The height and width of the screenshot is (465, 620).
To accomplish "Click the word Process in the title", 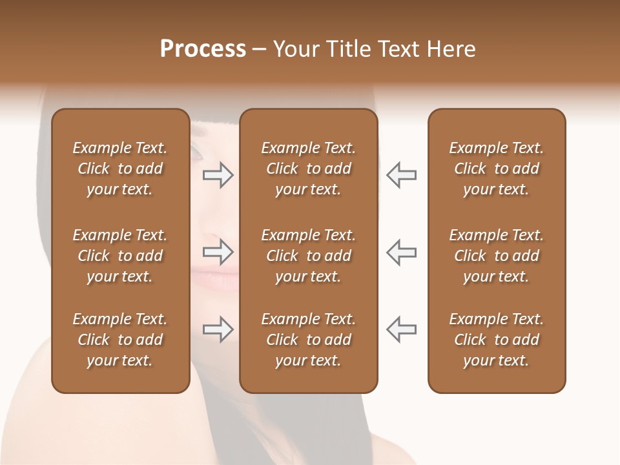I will pyautogui.click(x=203, y=49).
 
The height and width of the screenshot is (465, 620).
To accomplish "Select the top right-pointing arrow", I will pyautogui.click(x=218, y=175).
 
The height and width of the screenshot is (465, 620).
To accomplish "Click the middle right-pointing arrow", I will pyautogui.click(x=218, y=252).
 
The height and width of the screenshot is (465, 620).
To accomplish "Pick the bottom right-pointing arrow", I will pyautogui.click(x=218, y=329).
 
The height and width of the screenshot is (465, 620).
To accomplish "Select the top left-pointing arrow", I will pyautogui.click(x=401, y=175).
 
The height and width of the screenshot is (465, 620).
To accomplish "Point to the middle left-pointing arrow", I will pyautogui.click(x=401, y=252).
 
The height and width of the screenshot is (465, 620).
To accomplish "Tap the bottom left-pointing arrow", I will pyautogui.click(x=401, y=329).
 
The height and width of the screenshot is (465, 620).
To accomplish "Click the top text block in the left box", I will pyautogui.click(x=120, y=169).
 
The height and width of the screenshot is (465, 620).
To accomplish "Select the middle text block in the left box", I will pyautogui.click(x=120, y=256).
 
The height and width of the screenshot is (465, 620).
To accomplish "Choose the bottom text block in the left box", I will pyautogui.click(x=120, y=340).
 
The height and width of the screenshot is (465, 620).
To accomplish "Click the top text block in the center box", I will pyautogui.click(x=308, y=169).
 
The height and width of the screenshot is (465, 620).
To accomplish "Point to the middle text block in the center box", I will pyautogui.click(x=308, y=256).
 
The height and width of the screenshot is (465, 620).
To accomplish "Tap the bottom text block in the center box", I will pyautogui.click(x=308, y=340).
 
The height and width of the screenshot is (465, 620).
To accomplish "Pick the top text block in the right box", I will pyautogui.click(x=496, y=169).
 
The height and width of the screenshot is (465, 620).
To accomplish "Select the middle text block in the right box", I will pyautogui.click(x=496, y=256).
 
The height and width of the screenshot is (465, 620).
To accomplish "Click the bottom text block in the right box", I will pyautogui.click(x=496, y=340).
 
